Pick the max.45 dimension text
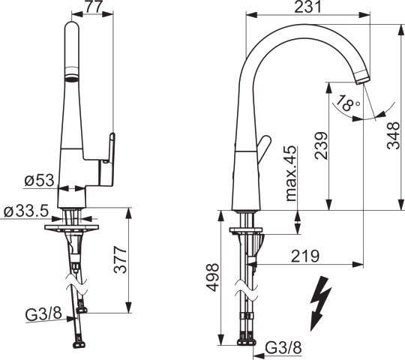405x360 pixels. point(290,174)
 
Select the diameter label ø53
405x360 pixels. point(39,181)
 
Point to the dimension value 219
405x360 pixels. point(306,255)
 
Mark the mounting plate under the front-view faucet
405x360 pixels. point(72,225)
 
